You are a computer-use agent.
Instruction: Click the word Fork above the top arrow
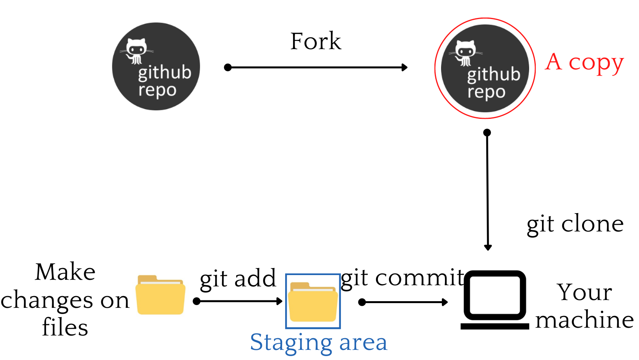click(x=316, y=41)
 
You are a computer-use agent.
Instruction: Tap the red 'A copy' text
click(x=584, y=62)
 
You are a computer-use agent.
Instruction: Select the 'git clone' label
click(x=575, y=224)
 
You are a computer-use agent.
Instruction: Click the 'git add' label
click(x=238, y=279)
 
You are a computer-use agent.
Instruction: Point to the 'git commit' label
click(x=402, y=278)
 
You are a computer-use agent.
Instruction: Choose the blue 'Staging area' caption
click(x=319, y=342)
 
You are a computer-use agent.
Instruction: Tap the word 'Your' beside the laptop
click(x=584, y=292)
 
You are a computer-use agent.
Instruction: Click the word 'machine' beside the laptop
click(x=584, y=320)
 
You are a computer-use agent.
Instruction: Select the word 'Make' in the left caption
click(x=65, y=272)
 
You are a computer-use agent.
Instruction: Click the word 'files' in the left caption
click(x=65, y=327)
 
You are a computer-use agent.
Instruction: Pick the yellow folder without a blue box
click(x=161, y=295)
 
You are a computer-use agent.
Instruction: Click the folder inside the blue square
click(x=313, y=302)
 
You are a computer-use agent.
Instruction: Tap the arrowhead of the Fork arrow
click(x=405, y=67)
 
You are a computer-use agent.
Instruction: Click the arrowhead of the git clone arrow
click(x=487, y=247)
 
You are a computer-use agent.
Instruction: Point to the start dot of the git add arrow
click(x=197, y=301)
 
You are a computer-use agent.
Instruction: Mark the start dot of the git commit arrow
click(x=362, y=302)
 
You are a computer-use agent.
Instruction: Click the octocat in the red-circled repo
click(x=465, y=53)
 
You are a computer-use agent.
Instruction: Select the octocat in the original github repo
click(x=136, y=51)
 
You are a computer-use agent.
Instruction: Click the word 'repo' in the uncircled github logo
click(x=157, y=90)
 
